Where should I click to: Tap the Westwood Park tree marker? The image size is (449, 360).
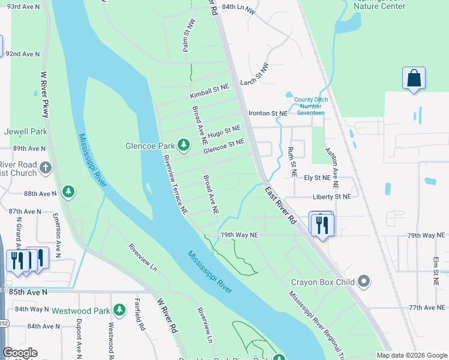pos(120,310)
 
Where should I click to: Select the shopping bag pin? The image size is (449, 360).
pos(414,78)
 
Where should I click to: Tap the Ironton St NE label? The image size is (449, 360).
pos(268,113)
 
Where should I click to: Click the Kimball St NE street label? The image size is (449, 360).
pos(209,91)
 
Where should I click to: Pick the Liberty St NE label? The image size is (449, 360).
pos(331,196)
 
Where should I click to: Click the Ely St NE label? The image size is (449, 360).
pos(317,178)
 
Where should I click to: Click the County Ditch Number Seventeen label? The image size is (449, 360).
pos(309,106)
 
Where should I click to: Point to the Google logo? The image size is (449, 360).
pos(20,353)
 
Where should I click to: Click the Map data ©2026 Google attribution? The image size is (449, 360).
pos(412,355)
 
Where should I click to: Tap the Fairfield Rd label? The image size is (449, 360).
pos(140,315)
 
